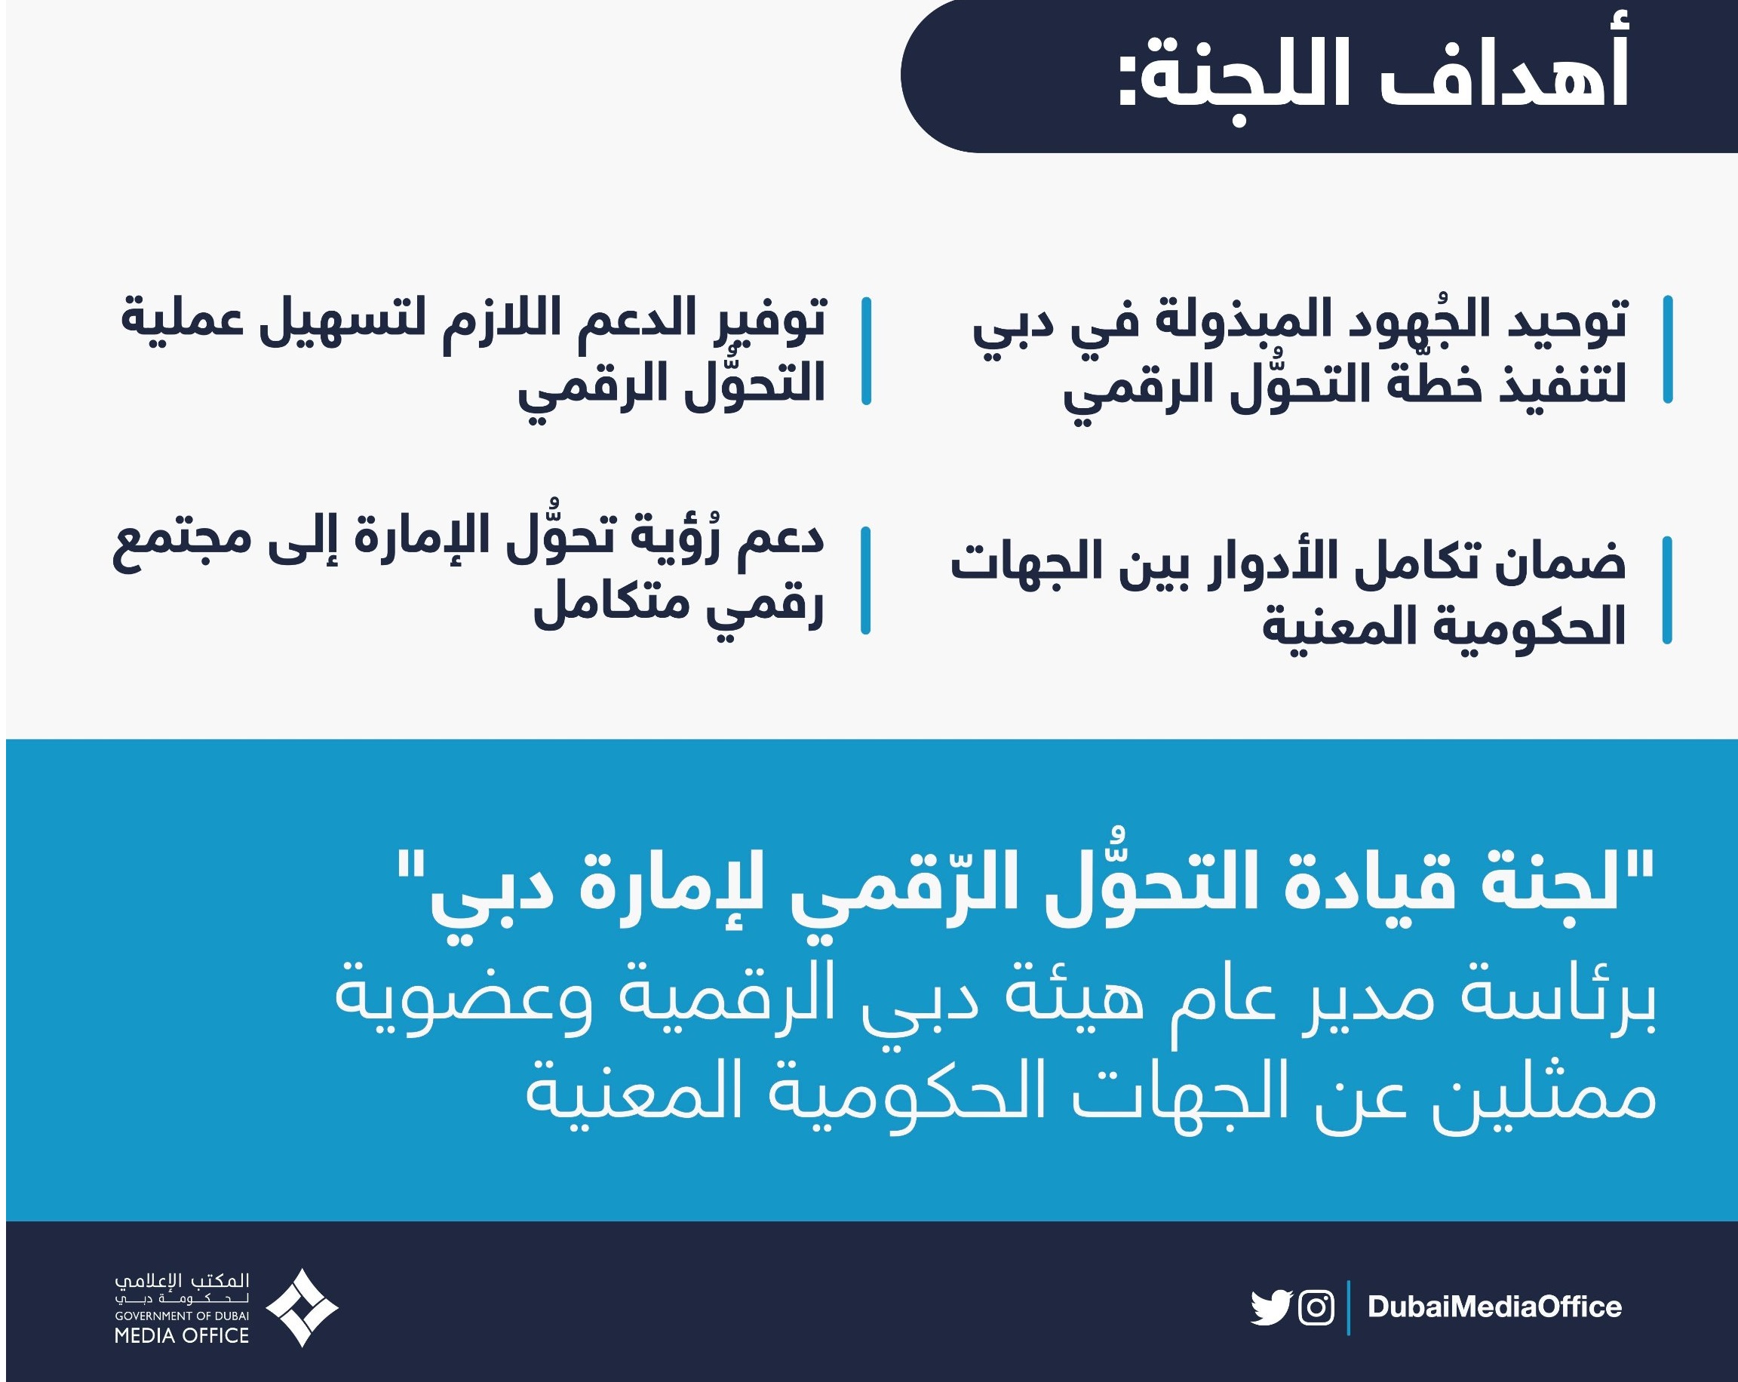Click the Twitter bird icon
tap(1271, 1307)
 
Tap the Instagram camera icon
tap(1316, 1307)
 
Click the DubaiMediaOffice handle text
tap(1494, 1307)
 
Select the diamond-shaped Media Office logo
tap(302, 1308)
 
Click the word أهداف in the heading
tap(1502, 75)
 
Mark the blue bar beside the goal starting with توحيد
tap(1668, 350)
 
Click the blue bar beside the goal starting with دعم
tap(866, 581)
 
